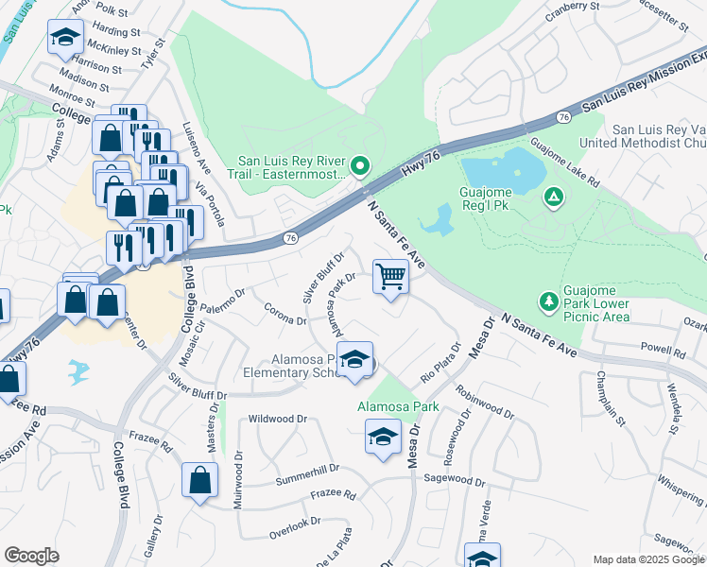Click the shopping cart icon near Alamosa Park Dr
[390, 277]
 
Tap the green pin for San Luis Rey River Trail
[359, 167]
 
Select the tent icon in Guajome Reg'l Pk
[554, 197]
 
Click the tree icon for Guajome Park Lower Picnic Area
[547, 301]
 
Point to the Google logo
[31, 555]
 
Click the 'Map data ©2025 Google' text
[648, 558]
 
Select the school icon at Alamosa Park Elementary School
[354, 362]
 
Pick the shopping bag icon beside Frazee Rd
[200, 479]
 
